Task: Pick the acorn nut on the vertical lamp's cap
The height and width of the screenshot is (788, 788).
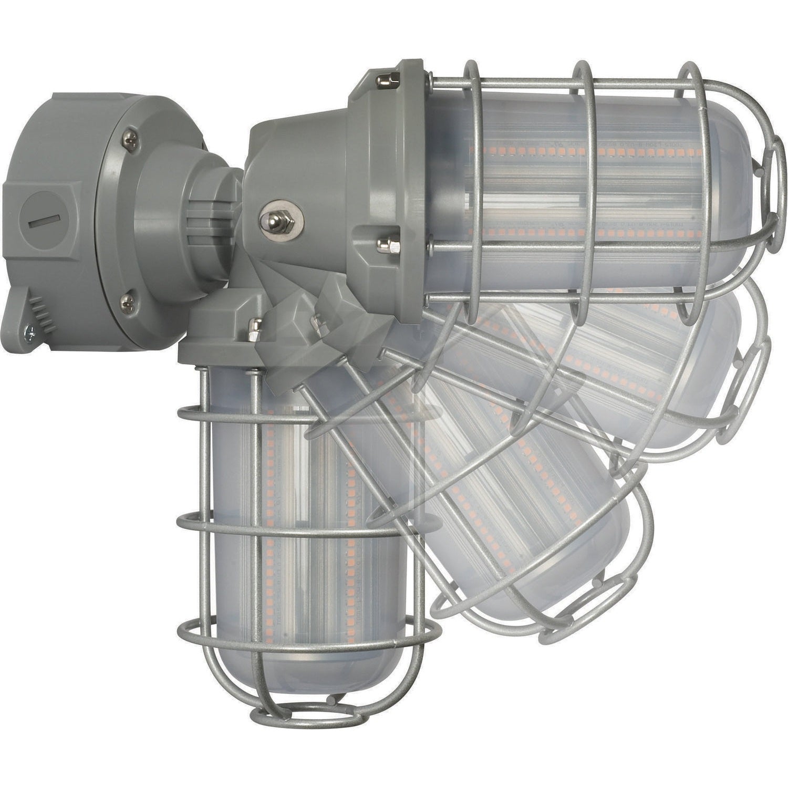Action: click(255, 328)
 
